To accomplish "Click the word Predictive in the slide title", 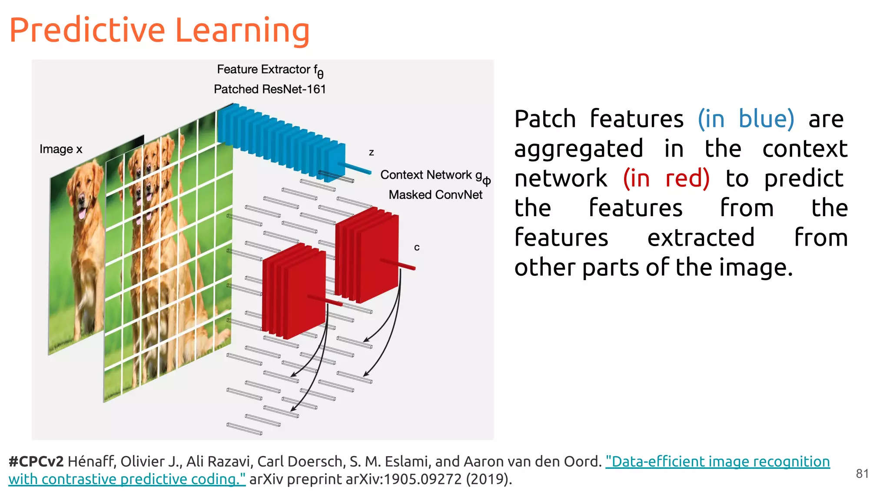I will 87,30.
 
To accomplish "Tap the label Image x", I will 61,149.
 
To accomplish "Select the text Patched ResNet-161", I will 269,89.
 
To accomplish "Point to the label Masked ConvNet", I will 435,195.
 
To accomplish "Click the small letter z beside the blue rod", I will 372,153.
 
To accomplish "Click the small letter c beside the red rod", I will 417,247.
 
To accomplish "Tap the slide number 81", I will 862,474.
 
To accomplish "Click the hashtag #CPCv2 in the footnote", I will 36,461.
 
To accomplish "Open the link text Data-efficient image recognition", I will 717,461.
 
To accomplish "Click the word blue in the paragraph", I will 766,119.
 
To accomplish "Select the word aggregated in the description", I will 578,149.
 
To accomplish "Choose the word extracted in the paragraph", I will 701,237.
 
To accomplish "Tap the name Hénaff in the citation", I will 91,461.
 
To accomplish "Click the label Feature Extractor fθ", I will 269,70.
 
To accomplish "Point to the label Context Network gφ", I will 435,176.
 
